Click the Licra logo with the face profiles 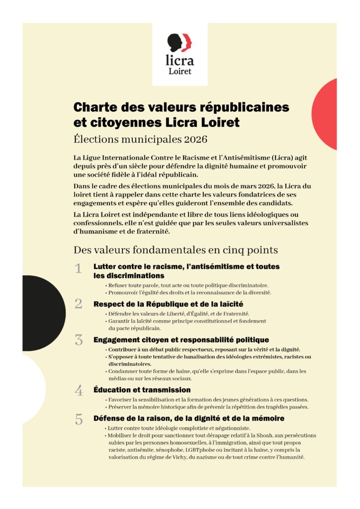pos(180,43)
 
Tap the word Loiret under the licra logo pos(180,71)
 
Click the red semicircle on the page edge pos(326,114)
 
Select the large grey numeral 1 pos(78,269)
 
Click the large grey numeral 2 pos(78,304)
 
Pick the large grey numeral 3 pos(79,340)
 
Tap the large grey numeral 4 pos(79,390)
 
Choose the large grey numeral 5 pos(79,419)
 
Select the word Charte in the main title pos(92,107)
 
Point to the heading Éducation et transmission pos(142,390)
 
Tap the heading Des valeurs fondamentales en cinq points pos(176,250)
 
